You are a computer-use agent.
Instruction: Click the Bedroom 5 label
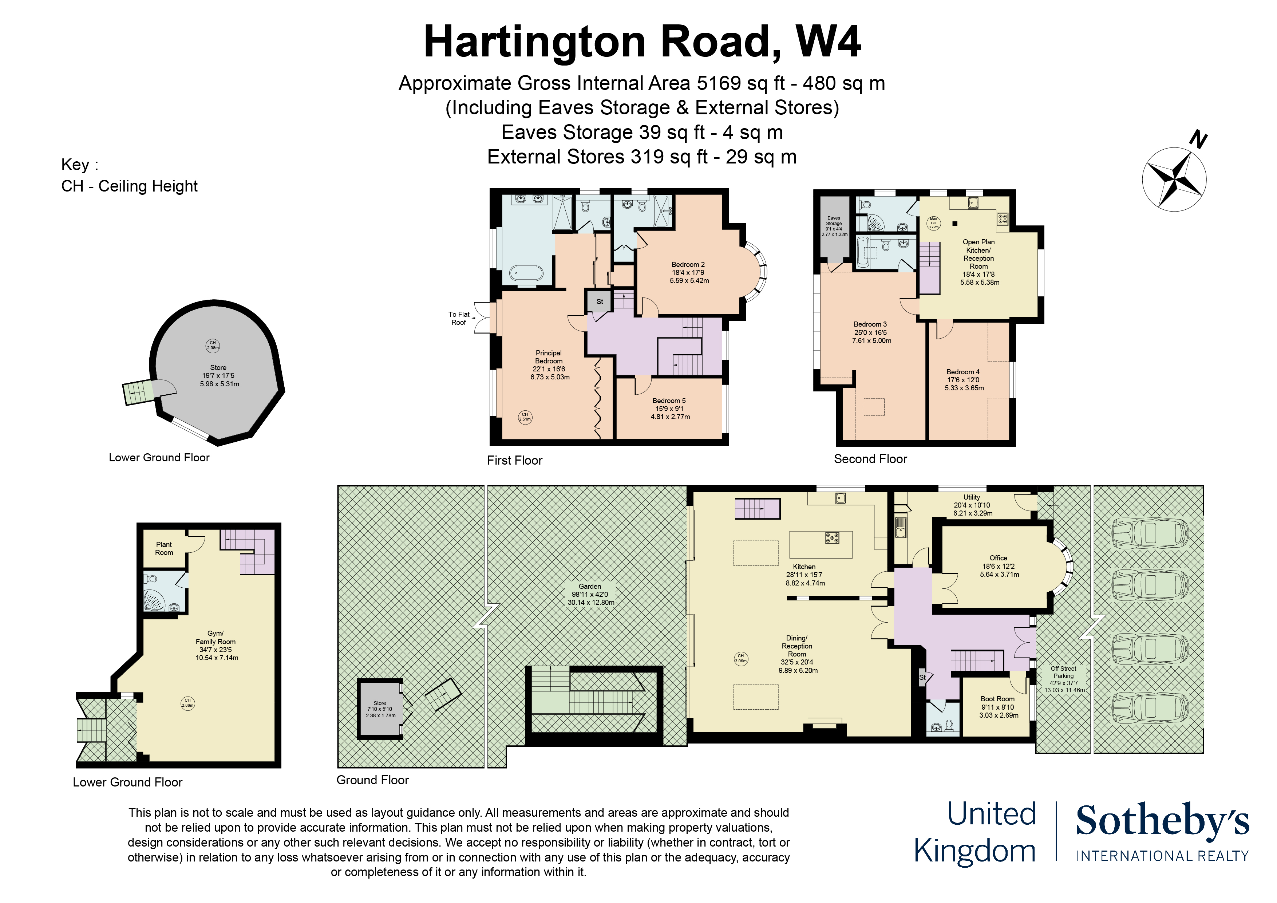coord(670,409)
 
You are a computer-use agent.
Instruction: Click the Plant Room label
coord(164,549)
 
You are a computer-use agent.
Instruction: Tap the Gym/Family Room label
coord(216,646)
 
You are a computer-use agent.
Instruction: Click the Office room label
coord(999,566)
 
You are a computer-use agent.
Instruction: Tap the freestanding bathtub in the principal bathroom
coord(526,273)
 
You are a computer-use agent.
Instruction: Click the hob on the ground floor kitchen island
coord(832,538)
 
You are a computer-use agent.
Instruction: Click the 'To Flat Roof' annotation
coord(459,318)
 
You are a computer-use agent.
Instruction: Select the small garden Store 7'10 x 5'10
coord(380,709)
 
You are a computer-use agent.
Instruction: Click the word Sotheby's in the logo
coord(1162,821)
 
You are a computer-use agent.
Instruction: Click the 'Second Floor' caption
coord(870,459)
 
